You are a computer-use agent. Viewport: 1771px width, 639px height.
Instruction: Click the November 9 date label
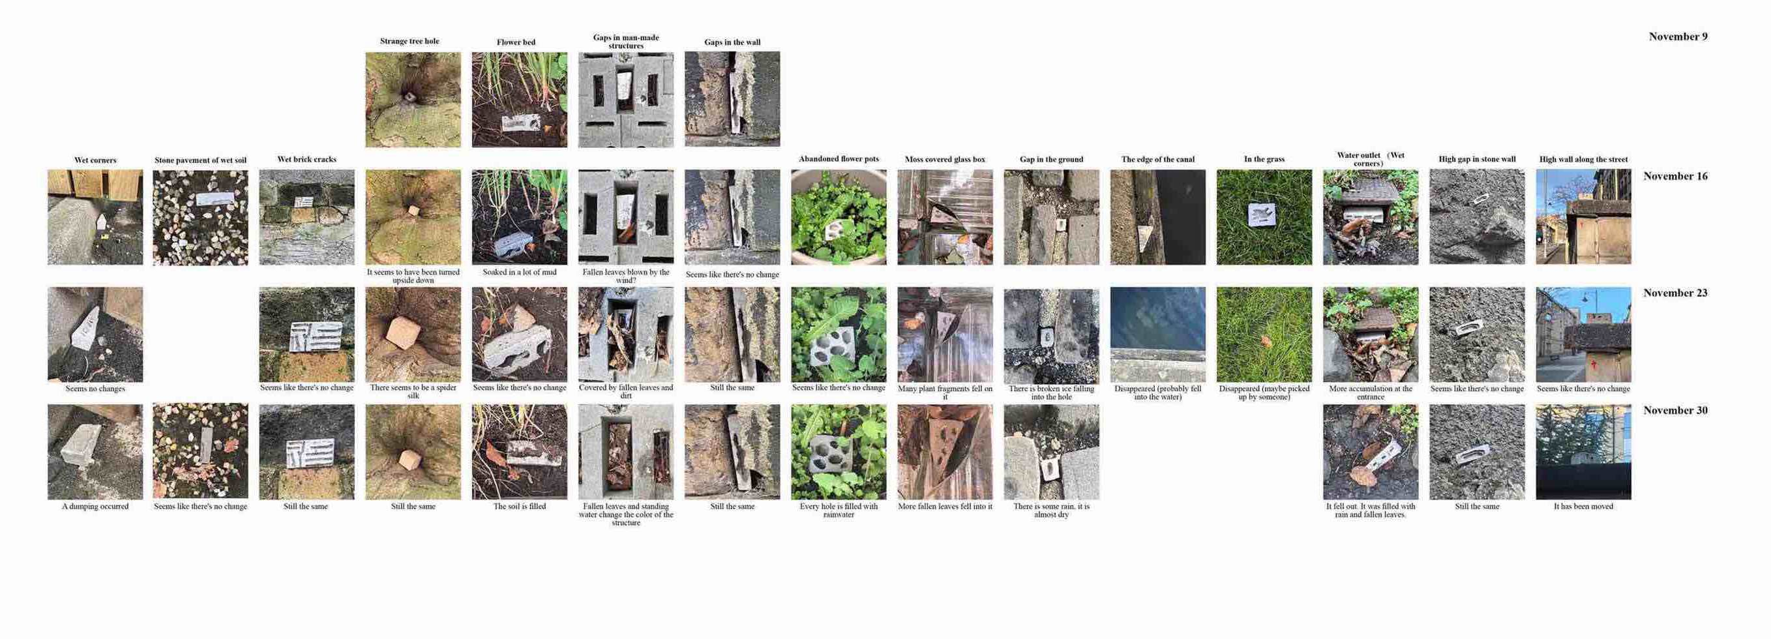(x=1678, y=37)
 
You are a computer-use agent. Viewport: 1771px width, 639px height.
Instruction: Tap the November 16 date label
(x=1674, y=176)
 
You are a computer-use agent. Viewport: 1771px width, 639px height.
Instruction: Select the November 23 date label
(x=1674, y=293)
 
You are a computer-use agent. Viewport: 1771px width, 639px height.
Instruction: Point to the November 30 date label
(x=1674, y=411)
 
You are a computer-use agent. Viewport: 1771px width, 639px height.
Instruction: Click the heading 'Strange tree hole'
(x=409, y=41)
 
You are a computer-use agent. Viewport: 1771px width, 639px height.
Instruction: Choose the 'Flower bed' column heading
(x=516, y=42)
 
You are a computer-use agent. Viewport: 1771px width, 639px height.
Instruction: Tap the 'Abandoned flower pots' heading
(x=839, y=159)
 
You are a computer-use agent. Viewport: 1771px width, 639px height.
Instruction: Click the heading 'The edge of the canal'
(x=1158, y=160)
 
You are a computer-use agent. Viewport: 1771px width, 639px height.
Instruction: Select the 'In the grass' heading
(x=1264, y=160)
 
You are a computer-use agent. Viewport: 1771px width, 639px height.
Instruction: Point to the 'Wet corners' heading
(x=95, y=160)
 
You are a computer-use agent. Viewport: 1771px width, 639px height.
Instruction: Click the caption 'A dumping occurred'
(x=95, y=507)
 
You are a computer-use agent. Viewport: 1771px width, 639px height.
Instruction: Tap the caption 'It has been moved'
(x=1583, y=507)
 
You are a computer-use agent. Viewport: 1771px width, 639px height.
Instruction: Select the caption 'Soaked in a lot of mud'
(x=519, y=273)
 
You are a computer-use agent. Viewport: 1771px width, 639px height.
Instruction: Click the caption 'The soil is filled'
(x=519, y=507)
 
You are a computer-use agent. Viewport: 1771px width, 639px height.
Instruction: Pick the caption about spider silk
(x=413, y=391)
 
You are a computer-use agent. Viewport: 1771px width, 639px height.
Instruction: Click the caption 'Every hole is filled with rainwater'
(x=839, y=511)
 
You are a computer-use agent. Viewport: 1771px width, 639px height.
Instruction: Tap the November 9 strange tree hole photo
(x=413, y=100)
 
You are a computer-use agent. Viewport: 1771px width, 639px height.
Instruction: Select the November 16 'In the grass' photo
(x=1264, y=217)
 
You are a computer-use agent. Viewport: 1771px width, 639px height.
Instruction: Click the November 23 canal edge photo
(x=1158, y=334)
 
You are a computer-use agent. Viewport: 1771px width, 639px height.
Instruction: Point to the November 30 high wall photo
(x=1583, y=452)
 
